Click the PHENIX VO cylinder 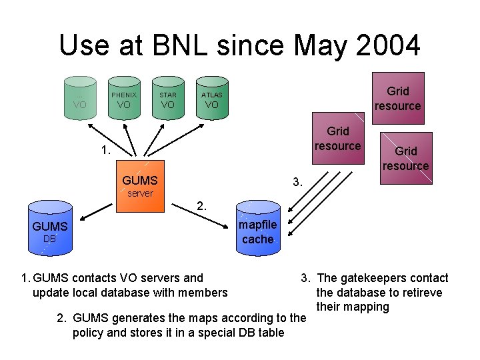point(123,99)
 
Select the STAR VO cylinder point(167,99)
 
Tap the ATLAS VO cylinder point(211,99)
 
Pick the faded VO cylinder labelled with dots point(80,99)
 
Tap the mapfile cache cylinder point(257,227)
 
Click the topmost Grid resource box point(397,98)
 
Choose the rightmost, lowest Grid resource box point(405,158)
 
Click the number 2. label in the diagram point(201,205)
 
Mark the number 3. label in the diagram point(298,181)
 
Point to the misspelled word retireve point(420,293)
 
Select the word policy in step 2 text point(89,332)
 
